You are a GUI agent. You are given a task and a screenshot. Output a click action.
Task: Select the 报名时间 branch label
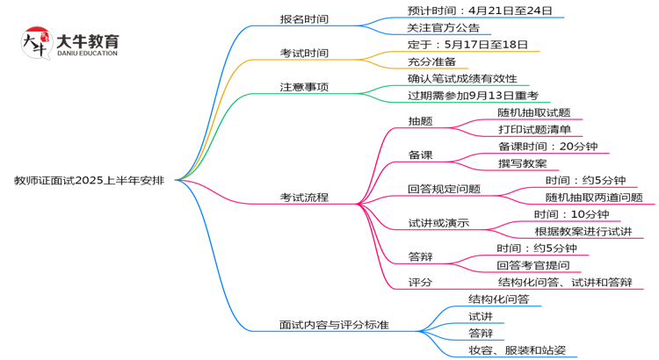tap(304, 19)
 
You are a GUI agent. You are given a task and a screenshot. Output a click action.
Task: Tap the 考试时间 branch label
tap(304, 53)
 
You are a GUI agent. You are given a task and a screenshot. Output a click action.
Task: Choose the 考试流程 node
tap(304, 198)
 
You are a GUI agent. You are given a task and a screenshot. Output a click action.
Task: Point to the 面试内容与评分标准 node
tap(334, 325)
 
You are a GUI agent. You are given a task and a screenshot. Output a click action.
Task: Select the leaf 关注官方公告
tap(444, 27)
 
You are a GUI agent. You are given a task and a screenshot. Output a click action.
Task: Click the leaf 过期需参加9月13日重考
tap(473, 95)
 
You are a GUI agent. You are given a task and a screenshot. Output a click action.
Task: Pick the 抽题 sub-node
tap(420, 121)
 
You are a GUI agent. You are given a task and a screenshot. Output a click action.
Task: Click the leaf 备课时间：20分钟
tap(547, 146)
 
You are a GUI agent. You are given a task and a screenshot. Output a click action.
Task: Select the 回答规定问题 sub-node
tap(444, 189)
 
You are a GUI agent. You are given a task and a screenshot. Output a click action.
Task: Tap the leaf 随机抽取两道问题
tap(593, 198)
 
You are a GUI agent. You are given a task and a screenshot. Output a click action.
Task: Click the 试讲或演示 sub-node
tap(438, 223)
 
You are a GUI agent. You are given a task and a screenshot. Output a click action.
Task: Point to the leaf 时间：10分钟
tap(571, 214)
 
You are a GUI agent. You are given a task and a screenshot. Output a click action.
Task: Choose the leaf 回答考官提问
tap(532, 265)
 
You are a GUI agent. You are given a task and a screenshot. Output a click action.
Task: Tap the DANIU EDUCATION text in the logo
tap(85, 54)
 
